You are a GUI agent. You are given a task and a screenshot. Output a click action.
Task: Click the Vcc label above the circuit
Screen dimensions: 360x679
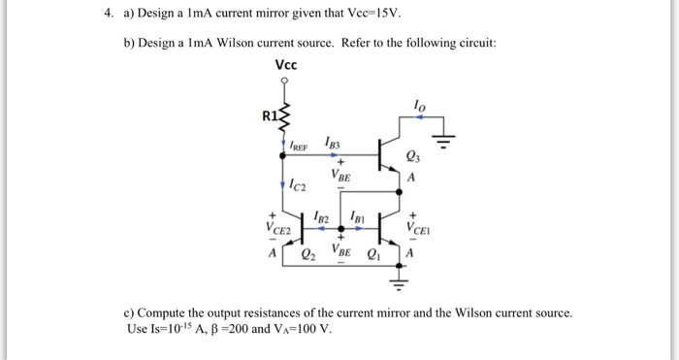pos(285,65)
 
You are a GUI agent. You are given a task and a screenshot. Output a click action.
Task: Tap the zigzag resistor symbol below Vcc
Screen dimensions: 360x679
pos(285,115)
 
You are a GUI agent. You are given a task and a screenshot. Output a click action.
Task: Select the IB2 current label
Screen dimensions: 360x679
pos(324,215)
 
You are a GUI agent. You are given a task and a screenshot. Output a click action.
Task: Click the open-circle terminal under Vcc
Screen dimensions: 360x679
pos(285,84)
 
